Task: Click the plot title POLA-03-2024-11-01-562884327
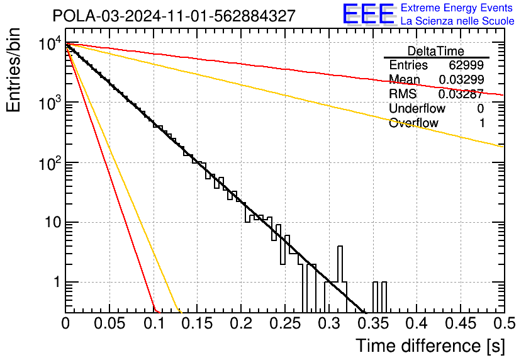[x=174, y=16]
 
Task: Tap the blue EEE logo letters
[x=369, y=14]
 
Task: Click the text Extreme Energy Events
[x=457, y=8]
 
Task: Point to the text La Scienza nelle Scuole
[x=457, y=21]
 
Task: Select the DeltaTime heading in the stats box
[x=436, y=51]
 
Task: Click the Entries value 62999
[x=466, y=65]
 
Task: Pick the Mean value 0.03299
[x=461, y=79]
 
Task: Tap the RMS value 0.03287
[x=461, y=94]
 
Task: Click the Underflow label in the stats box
[x=417, y=108]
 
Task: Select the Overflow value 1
[x=482, y=123]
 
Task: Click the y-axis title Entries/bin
[x=13, y=70]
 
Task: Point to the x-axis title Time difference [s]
[x=430, y=346]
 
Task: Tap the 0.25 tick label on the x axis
[x=285, y=323]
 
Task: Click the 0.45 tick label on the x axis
[x=461, y=323]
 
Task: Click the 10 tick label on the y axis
[x=53, y=222]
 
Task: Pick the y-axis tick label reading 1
[x=57, y=282]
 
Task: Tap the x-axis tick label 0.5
[x=505, y=323]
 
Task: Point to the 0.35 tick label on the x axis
[x=372, y=323]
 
